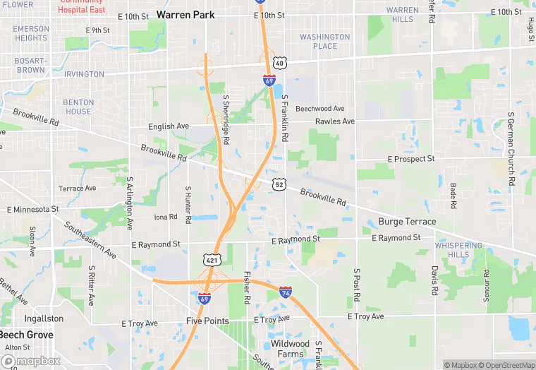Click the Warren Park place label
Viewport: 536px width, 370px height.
point(186,14)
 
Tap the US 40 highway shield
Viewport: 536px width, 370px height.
point(280,64)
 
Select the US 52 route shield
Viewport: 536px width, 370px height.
point(280,184)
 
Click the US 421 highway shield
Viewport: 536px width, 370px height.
point(212,261)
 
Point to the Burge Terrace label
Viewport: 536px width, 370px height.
point(407,222)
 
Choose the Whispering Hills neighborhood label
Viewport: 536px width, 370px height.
point(458,250)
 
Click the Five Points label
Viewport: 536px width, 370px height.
point(207,321)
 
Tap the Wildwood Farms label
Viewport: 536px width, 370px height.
point(290,349)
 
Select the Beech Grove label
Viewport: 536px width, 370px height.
point(25,335)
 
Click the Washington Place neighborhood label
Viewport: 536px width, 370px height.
point(324,42)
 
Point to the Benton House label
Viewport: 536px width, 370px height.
point(78,107)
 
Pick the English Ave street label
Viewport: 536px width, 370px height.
point(169,126)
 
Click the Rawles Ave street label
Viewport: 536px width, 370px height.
point(335,121)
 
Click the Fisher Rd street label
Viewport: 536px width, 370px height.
point(247,287)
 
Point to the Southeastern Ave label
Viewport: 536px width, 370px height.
point(90,239)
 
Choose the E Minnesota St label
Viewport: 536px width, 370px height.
point(32,210)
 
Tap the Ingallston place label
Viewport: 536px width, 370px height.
point(44,318)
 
